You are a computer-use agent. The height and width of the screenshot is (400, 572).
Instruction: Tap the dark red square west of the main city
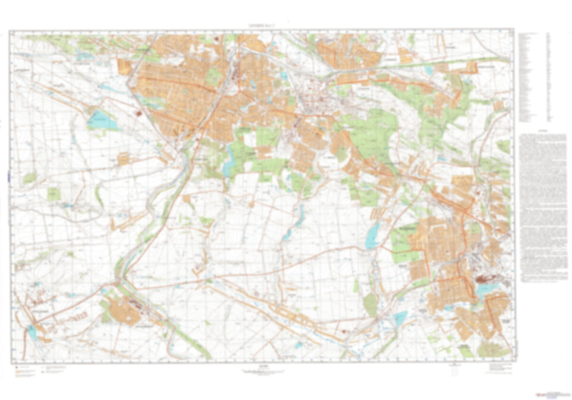(138, 114)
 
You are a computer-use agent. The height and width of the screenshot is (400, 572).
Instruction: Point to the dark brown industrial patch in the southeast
(483, 279)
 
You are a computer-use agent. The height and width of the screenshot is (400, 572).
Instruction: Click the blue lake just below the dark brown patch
(484, 290)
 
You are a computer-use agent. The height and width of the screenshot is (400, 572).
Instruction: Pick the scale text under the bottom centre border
(263, 371)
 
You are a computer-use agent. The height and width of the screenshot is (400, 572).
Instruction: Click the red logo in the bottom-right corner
(540, 395)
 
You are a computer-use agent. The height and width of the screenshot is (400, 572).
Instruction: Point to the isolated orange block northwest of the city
(124, 67)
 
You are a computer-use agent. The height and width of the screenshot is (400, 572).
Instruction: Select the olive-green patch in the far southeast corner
(492, 349)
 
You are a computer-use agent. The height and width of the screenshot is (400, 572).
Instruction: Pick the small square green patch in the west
(53, 194)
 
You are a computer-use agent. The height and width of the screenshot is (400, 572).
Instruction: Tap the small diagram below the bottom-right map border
(454, 370)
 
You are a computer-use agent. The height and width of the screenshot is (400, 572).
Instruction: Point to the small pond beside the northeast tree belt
(428, 70)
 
